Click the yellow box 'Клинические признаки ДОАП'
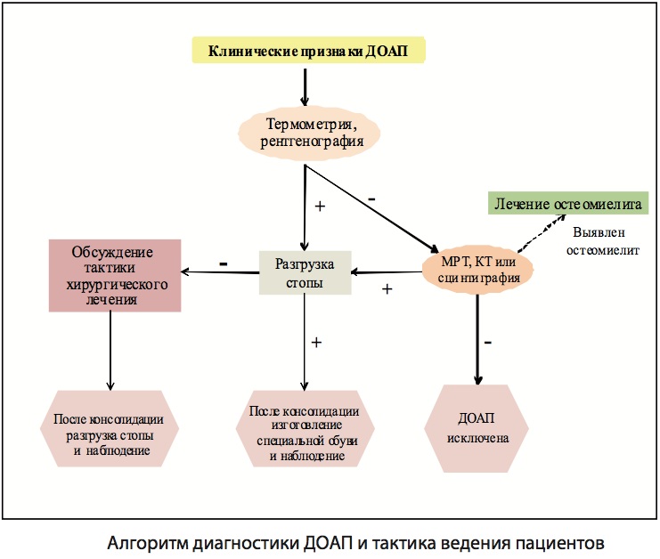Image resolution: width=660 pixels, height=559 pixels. pyautogui.click(x=308, y=51)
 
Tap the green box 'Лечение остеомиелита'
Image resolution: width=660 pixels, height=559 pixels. pyautogui.click(x=567, y=204)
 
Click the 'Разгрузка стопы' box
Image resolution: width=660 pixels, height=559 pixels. pyautogui.click(x=305, y=272)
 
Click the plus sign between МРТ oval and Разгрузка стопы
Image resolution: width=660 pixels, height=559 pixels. pyautogui.click(x=387, y=289)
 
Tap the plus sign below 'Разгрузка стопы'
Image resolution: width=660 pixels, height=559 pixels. pyautogui.click(x=316, y=341)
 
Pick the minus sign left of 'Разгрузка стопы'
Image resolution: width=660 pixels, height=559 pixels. pyautogui.click(x=223, y=264)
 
